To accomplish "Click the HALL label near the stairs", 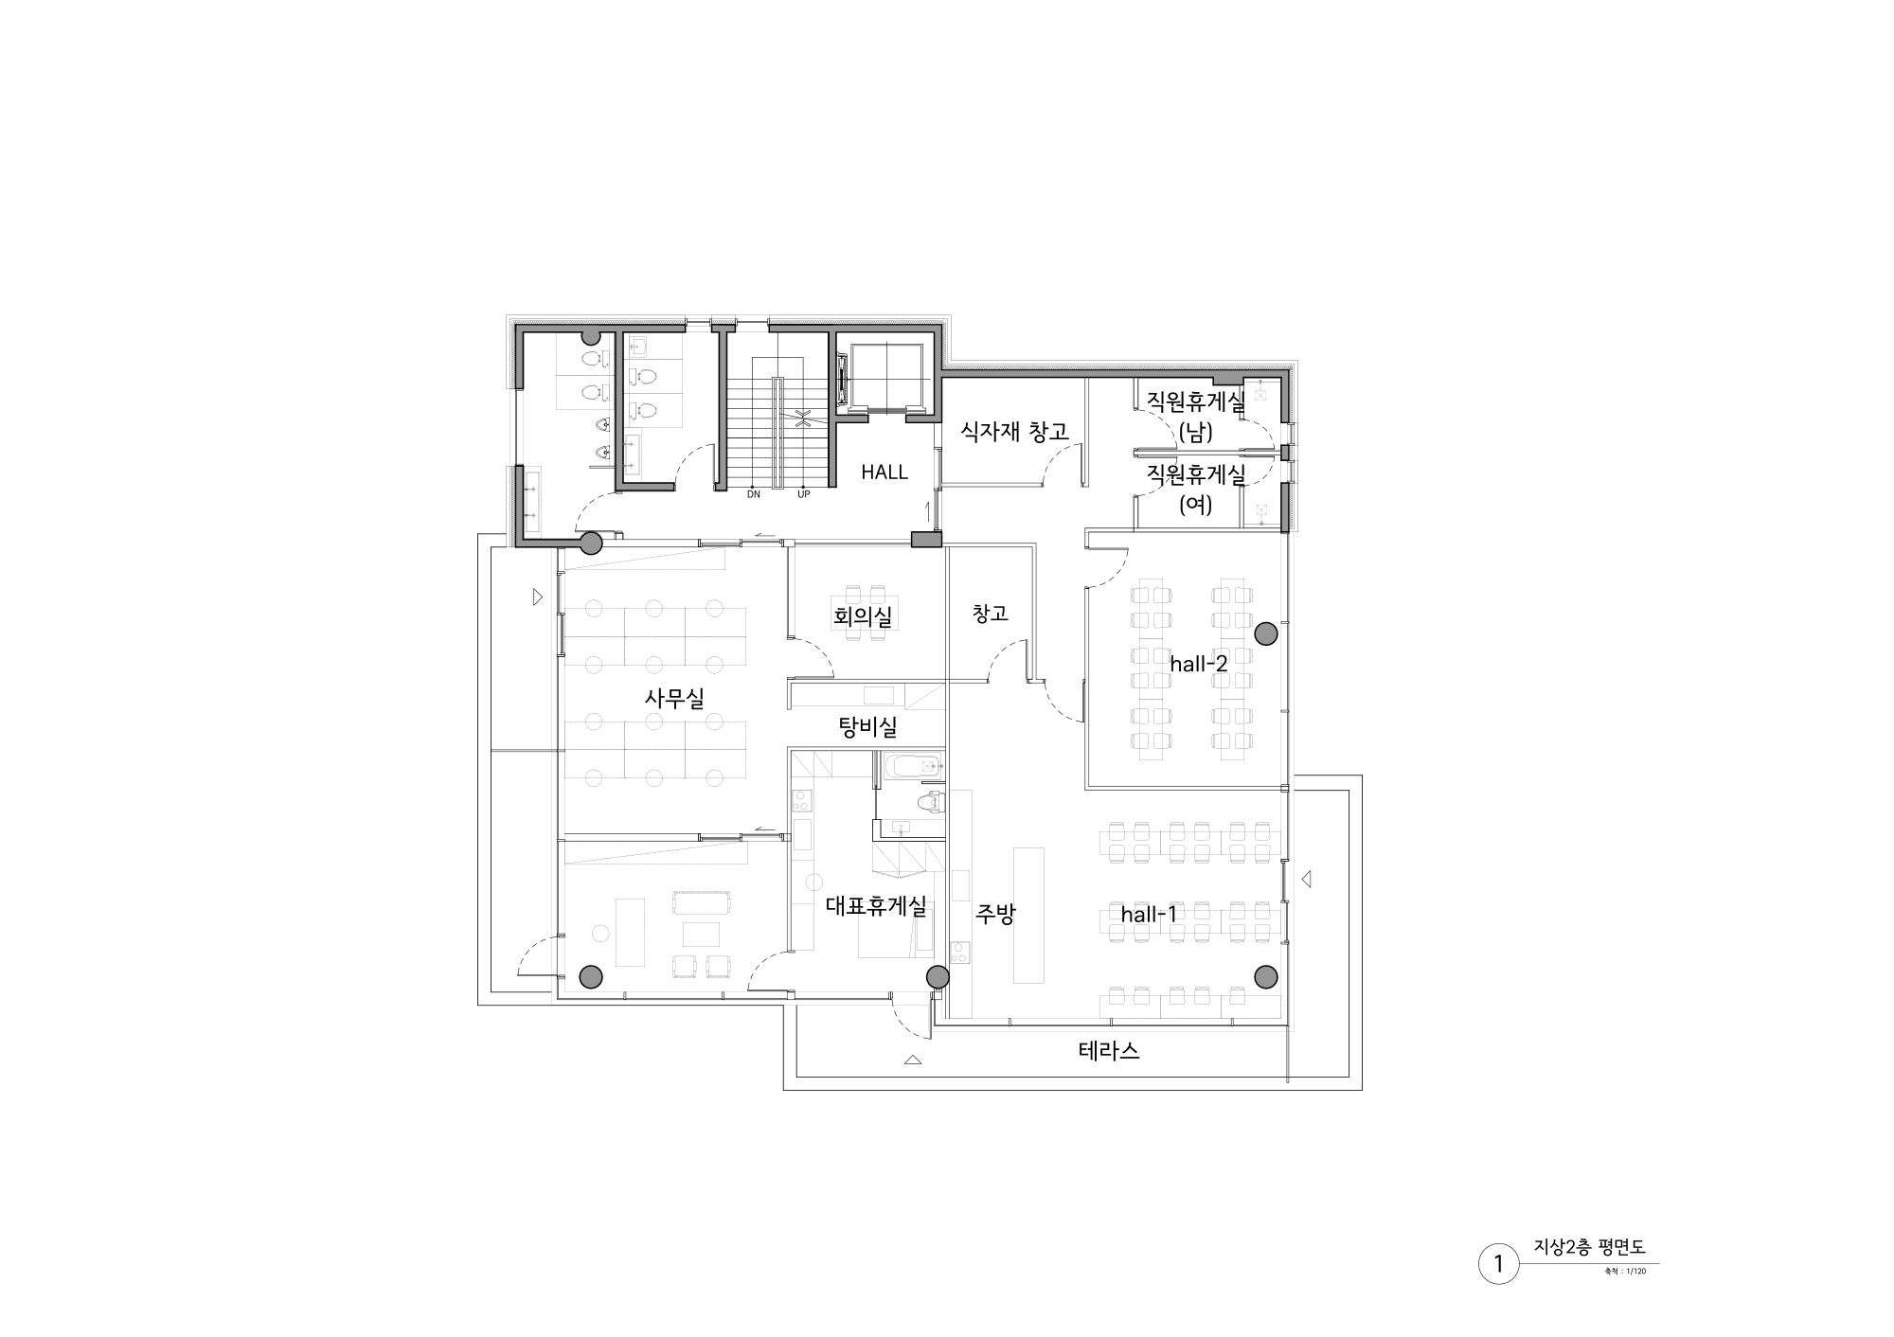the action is coord(884,472).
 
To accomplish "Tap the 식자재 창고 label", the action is coord(1014,432).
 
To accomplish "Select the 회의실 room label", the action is coord(863,617).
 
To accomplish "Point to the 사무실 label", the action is coord(674,698).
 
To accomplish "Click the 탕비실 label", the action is coord(867,727).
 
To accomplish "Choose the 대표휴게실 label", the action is coord(876,905).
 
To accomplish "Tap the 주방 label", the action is coord(995,914).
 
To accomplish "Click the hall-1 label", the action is coord(1149,915).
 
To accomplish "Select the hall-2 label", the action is coord(1198,664).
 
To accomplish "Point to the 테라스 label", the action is coord(1108,1050).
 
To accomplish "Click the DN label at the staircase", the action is coord(754,494).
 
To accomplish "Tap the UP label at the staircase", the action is coord(804,494).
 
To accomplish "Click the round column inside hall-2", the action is coord(1266,633).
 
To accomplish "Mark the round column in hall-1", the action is coord(1266,976).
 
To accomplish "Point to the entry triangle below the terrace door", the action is coord(913,1061).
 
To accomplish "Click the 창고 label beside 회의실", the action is coord(990,614).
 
